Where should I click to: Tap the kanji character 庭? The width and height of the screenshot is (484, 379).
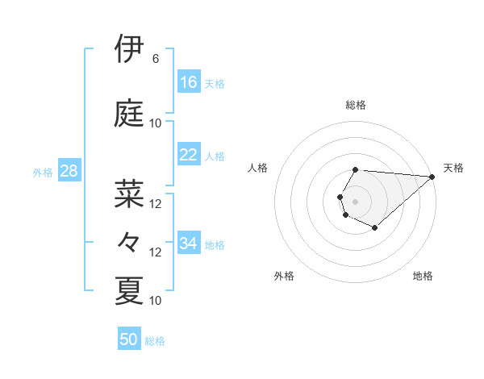[129, 113]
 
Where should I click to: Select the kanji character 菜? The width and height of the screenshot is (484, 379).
[129, 194]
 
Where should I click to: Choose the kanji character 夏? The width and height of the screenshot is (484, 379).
[129, 290]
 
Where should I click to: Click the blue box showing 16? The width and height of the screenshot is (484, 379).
[189, 82]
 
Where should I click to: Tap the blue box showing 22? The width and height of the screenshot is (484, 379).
[189, 155]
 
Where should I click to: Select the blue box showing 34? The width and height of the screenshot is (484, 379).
[189, 244]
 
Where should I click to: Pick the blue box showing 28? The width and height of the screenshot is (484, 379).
[68, 171]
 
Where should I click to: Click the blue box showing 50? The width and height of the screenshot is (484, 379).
[129, 339]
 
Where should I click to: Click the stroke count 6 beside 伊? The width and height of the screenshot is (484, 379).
[155, 59]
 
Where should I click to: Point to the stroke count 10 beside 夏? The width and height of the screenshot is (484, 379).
[156, 301]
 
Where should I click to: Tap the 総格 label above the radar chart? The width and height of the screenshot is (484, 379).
[356, 105]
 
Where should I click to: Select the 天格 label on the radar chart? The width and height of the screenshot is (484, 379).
[453, 168]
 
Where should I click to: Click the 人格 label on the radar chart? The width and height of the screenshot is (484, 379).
[258, 168]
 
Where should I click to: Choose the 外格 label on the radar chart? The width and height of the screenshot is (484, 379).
[284, 276]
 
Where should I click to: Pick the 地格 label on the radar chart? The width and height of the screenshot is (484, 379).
[423, 276]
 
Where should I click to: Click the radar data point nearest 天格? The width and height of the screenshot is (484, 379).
[432, 177]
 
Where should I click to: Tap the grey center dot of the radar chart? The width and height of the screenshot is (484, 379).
[355, 201]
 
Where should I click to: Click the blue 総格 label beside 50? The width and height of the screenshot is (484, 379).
[155, 341]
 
